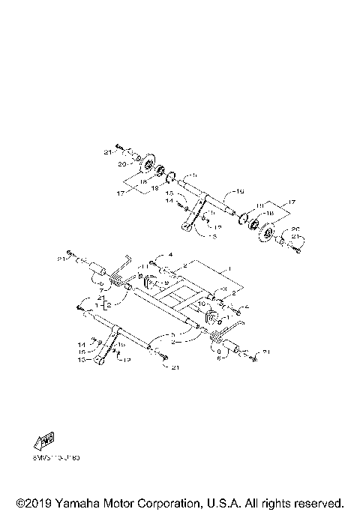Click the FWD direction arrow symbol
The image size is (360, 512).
coord(43,439)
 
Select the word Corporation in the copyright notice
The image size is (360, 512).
coord(185,502)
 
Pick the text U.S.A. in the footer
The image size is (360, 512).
coord(241,502)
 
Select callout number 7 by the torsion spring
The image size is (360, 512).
coord(103,287)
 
